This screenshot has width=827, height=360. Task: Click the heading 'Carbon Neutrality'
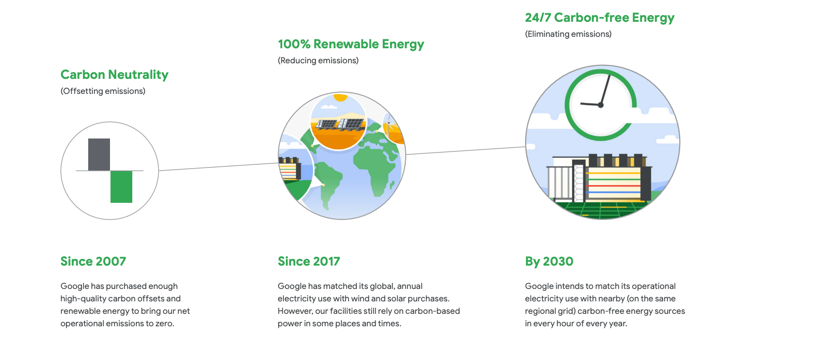(x=115, y=75)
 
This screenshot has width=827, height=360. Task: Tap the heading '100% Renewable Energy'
(x=351, y=44)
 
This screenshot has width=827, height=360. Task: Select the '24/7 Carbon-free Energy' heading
(x=600, y=18)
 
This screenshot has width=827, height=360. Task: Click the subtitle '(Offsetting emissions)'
(x=103, y=91)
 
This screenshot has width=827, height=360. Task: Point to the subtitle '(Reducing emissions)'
(x=318, y=61)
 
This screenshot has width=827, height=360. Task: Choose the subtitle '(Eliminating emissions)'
(x=568, y=34)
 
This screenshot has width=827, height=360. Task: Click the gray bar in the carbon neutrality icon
(x=99, y=155)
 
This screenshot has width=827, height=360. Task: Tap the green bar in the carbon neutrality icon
(x=121, y=187)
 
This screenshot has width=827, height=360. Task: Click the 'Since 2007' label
(x=93, y=261)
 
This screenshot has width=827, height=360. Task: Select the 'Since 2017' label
(x=309, y=261)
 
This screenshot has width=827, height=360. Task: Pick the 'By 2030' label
(x=549, y=261)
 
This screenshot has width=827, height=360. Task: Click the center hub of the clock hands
(x=601, y=105)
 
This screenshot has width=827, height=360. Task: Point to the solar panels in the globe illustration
(x=340, y=124)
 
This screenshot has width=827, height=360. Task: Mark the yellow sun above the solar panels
(x=340, y=98)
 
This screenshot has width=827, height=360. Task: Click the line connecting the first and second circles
(x=218, y=167)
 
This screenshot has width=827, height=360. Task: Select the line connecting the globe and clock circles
(x=465, y=150)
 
